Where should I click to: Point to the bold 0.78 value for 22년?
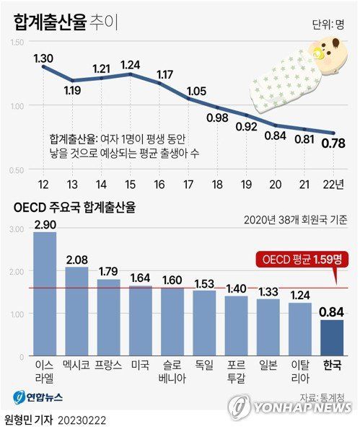click(x=333, y=143)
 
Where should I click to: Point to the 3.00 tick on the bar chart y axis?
click(x=15, y=229)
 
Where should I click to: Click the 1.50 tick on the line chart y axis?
click(x=15, y=45)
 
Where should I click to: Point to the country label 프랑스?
click(x=108, y=366)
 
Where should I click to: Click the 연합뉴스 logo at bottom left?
click(x=40, y=397)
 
